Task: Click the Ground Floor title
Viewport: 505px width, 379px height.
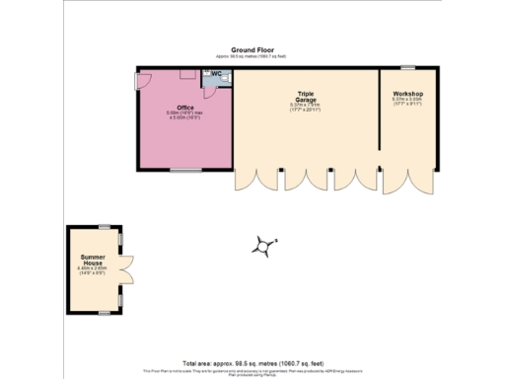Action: coord(252,48)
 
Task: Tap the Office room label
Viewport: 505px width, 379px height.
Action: coord(184,107)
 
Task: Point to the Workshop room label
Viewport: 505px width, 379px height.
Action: coord(407,94)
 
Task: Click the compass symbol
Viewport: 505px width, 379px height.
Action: coord(262,247)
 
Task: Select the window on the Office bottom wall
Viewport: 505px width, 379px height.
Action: coord(184,170)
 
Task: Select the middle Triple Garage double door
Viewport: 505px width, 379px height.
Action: coord(296,182)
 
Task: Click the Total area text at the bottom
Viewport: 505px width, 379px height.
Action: coord(252,362)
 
